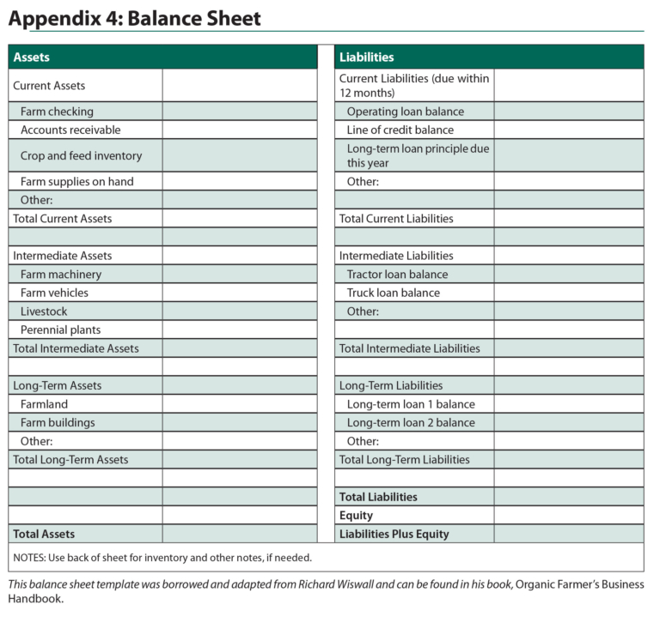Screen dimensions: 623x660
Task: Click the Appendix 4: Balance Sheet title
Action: [135, 18]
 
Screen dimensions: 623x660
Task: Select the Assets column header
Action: [32, 57]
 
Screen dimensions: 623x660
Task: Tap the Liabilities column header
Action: [367, 57]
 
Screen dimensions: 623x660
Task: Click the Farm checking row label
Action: [57, 112]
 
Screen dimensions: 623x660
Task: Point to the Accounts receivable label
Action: [70, 130]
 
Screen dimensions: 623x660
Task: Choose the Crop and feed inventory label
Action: [81, 156]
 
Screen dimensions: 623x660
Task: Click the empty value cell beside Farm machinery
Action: [239, 275]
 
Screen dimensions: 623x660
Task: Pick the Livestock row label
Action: [44, 311]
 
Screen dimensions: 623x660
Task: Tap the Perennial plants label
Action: [60, 330]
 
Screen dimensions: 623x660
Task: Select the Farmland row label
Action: [44, 404]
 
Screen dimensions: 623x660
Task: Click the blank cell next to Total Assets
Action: [239, 534]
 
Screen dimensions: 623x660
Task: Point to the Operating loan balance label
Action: [405, 112]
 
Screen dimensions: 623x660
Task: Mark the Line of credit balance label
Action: [400, 130]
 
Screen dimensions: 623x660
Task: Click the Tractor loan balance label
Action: [397, 275]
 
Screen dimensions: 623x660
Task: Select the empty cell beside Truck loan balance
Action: [568, 293]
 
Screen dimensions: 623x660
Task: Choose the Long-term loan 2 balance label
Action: [411, 423]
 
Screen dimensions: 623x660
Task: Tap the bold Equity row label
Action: [356, 516]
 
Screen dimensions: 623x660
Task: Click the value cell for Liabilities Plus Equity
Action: [568, 534]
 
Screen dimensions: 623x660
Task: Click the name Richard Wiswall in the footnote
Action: [365, 585]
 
